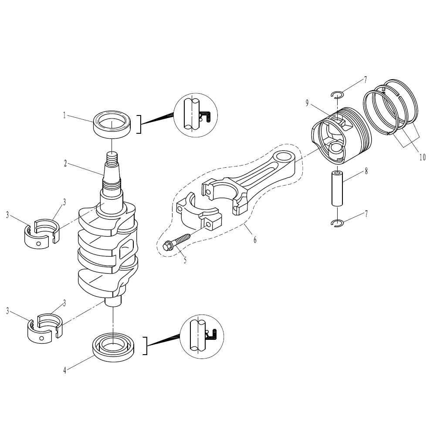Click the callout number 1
coord(64,115)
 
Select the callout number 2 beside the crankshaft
coord(65,164)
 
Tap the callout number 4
coord(65,370)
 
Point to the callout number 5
coord(185,260)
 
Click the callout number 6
coord(255,240)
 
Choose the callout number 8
coord(366,171)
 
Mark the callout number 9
coord(307,103)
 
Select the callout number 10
coord(422,157)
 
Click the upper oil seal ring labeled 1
coord(112,124)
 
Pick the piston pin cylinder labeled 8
coord(337,188)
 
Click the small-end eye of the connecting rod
coord(284,157)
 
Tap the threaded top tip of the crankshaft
coord(112,158)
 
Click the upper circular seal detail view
coord(196,115)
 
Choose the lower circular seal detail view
coord(202,336)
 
